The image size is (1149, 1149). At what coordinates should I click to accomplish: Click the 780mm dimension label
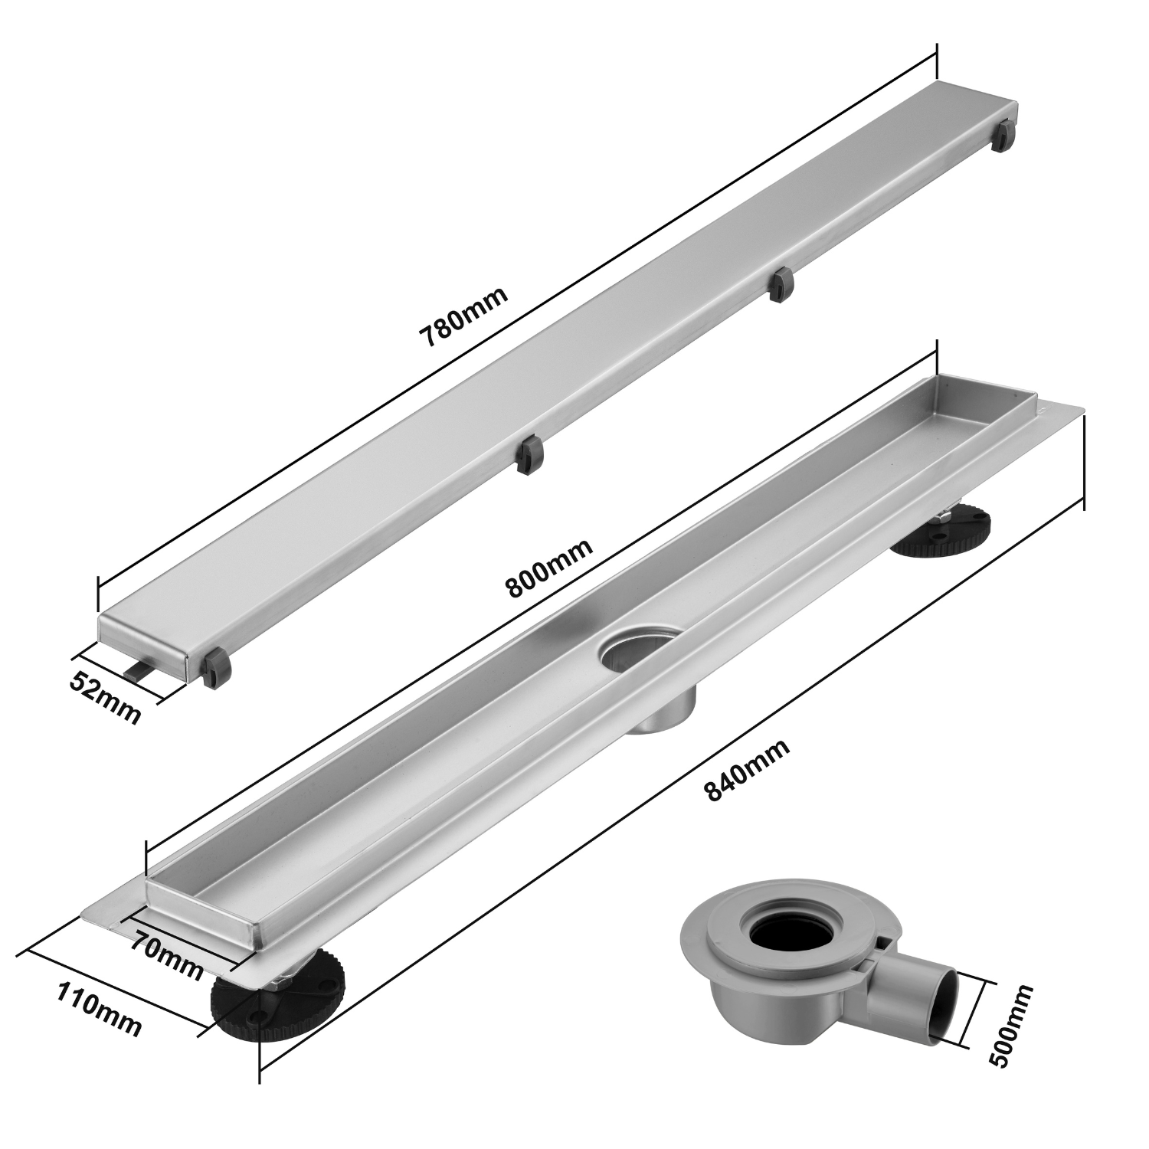click(x=463, y=317)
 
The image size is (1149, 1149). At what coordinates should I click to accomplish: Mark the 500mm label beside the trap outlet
click(x=1010, y=1025)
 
